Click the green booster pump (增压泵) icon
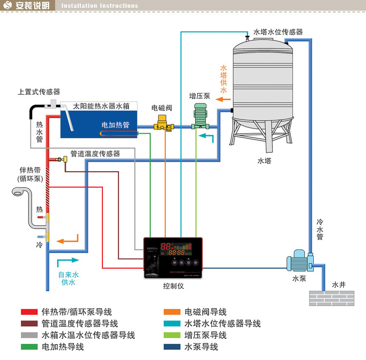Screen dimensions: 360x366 tap(201, 116)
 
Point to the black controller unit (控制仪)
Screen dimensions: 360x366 tap(173, 257)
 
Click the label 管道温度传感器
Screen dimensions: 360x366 tap(95, 153)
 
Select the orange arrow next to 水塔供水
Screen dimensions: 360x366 tap(224, 99)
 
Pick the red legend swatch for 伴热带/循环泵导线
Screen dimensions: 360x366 tap(29, 312)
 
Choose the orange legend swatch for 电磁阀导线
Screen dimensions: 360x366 tap(172, 312)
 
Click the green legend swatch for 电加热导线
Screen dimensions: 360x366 tap(29, 347)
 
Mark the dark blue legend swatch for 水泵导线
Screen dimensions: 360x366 tap(172, 347)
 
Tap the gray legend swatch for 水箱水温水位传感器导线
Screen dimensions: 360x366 tap(29, 335)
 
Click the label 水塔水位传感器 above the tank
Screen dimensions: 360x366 tap(278, 32)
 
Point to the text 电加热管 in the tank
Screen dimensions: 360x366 tap(115, 125)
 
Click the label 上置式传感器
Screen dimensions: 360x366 tap(39, 91)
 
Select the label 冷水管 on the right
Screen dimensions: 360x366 tap(319, 230)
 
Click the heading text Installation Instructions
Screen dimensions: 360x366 tap(100, 6)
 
